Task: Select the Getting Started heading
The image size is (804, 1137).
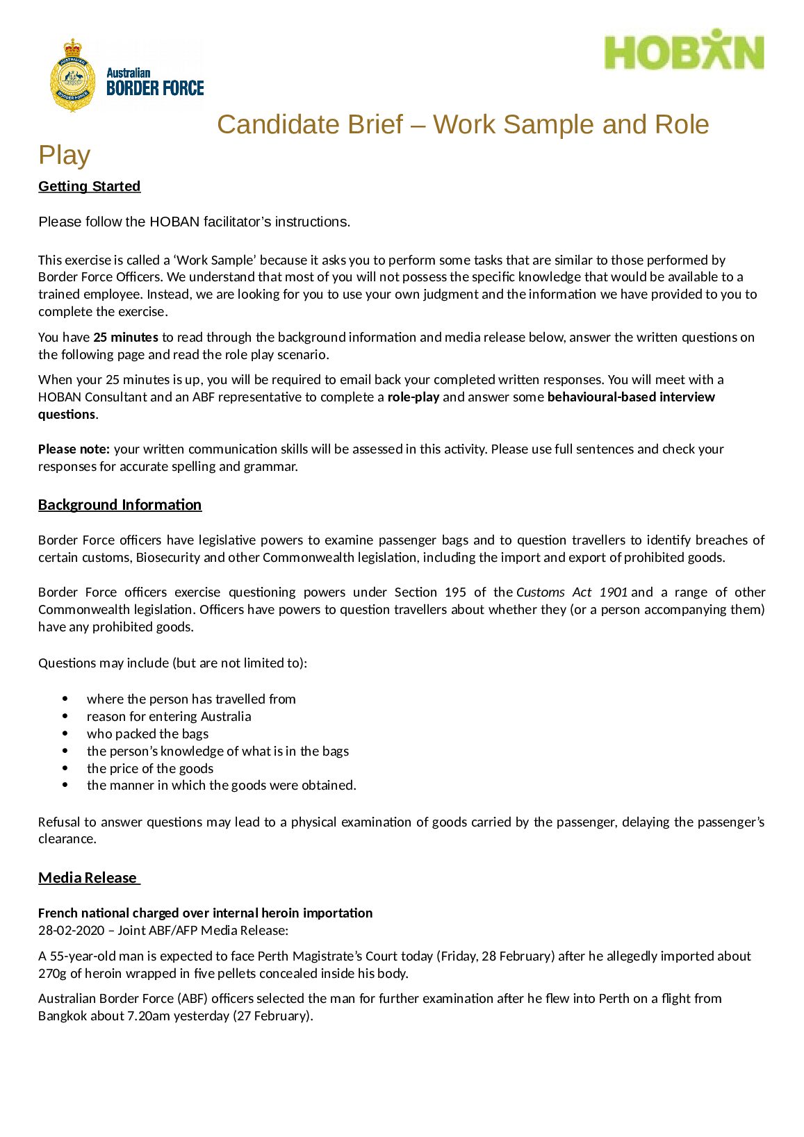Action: click(x=89, y=186)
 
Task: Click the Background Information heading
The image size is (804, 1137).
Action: click(x=120, y=505)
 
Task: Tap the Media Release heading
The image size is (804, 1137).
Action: click(x=88, y=878)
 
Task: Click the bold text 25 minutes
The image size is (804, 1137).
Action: click(x=126, y=338)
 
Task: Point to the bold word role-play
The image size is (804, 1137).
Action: click(x=413, y=397)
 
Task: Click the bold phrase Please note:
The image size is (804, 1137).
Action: click(x=74, y=449)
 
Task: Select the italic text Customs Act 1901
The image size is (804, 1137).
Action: click(x=571, y=592)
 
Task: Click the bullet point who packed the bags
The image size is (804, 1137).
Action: click(x=147, y=734)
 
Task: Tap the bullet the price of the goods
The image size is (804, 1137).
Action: click(x=150, y=769)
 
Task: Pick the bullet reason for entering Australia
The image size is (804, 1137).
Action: click(x=169, y=717)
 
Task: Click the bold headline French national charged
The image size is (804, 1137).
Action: click(x=205, y=913)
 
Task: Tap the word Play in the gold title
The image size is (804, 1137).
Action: click(x=64, y=155)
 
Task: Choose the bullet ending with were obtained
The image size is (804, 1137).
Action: click(x=221, y=786)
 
